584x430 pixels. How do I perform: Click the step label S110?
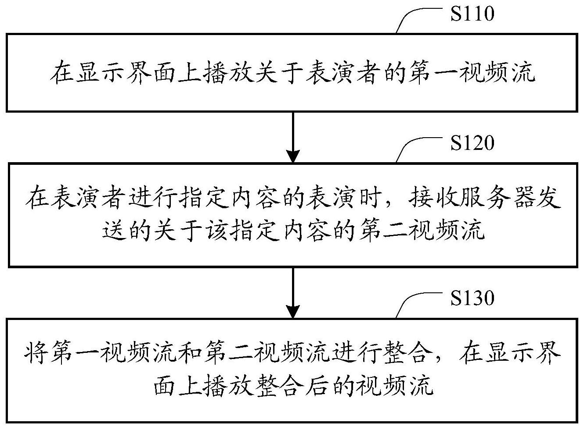click(472, 14)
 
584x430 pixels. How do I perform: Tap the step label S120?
click(472, 143)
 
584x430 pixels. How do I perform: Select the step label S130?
click(472, 299)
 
